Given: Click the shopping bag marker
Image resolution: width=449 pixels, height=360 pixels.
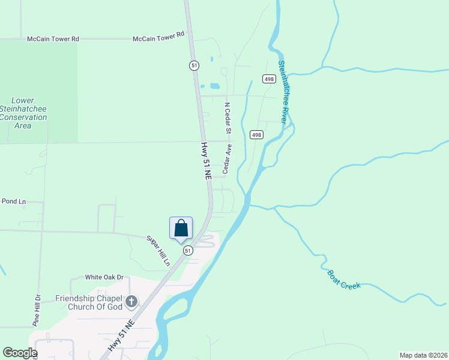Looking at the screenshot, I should [181, 229].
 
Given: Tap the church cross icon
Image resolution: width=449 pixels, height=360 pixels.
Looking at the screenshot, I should [131, 302].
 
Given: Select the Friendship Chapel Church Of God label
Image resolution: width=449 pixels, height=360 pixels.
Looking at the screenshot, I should [89, 302].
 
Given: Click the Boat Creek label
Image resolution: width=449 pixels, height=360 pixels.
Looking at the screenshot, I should [344, 280].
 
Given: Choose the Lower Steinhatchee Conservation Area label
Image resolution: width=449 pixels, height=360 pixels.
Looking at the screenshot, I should [23, 113].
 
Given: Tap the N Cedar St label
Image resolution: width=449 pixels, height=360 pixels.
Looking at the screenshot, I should [228, 118].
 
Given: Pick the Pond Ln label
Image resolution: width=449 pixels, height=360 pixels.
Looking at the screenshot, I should [13, 201].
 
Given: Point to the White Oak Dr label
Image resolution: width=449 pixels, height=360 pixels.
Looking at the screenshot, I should [104, 277].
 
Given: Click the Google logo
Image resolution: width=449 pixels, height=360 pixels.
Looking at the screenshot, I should [19, 353].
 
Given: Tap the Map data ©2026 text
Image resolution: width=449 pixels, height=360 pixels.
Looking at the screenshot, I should [423, 355].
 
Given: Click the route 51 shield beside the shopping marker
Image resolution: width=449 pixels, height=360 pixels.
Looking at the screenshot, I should [188, 251].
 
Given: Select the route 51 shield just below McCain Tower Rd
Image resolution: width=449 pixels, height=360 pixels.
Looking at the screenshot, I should [194, 65].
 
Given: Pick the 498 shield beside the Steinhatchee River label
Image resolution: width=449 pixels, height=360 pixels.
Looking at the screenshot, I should [268, 79].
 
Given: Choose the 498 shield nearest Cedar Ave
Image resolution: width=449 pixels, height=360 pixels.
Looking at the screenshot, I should [257, 135].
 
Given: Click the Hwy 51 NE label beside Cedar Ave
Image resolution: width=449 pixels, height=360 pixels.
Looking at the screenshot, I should [206, 161].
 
